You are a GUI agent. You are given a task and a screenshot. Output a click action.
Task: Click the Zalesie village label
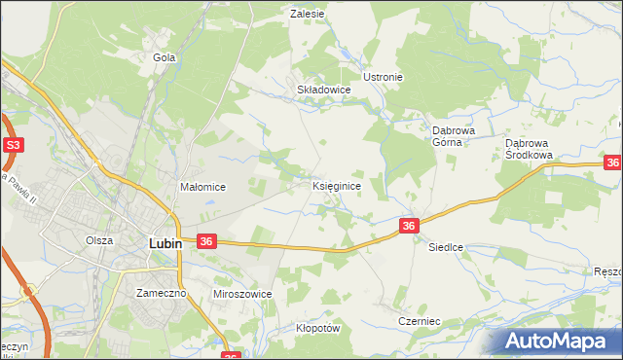308,15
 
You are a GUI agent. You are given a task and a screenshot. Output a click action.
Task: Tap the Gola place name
164,57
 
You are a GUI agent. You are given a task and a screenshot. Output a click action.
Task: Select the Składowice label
323,89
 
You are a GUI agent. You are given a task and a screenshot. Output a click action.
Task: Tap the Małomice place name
203,187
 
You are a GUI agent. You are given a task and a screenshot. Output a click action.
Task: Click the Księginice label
338,185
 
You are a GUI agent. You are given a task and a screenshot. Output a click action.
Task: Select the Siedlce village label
446,248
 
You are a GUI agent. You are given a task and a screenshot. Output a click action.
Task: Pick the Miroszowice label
241,293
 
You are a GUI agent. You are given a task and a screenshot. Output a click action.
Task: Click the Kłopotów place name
317,328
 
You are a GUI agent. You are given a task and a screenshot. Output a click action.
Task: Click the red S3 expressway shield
13,146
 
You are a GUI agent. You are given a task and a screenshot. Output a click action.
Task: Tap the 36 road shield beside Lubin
206,240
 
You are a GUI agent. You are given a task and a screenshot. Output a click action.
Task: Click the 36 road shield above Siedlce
409,226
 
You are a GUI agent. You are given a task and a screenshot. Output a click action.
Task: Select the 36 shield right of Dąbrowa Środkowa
612,163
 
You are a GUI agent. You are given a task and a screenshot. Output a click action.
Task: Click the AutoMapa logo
562,342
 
